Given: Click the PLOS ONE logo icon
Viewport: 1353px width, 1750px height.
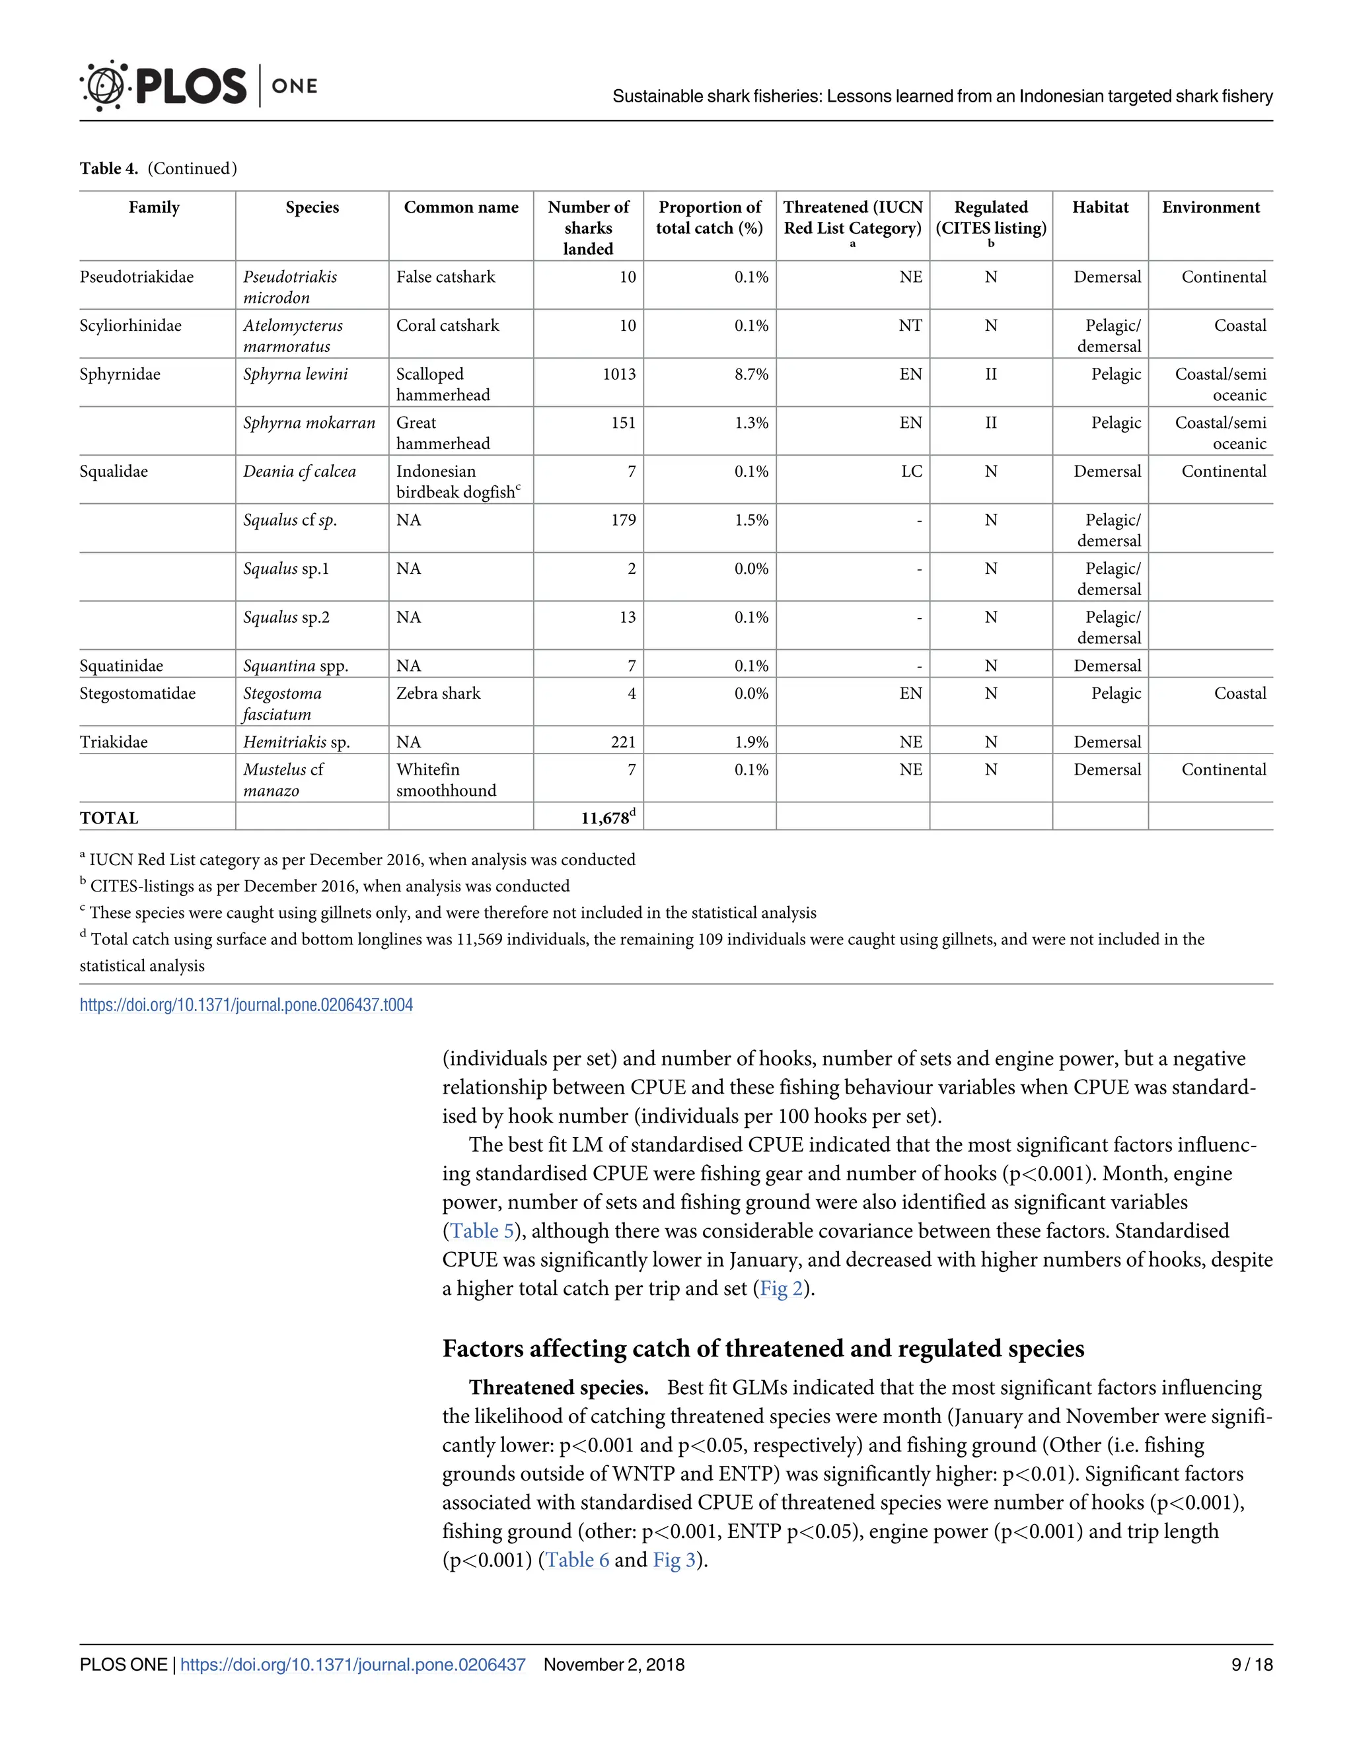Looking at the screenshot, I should coord(104,85).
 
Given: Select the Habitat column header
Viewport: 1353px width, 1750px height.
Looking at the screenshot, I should coord(1100,207).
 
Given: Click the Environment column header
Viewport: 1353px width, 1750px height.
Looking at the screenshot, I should coord(1210,207).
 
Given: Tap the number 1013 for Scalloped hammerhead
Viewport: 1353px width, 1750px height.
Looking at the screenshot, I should coord(619,374).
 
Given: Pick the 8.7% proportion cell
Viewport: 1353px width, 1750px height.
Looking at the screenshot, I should coord(751,374).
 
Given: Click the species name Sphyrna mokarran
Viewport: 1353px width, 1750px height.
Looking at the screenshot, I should coord(309,423).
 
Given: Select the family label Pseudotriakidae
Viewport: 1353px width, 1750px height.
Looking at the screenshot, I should coord(136,277).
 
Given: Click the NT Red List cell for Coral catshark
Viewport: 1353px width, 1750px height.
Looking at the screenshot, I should coord(910,326).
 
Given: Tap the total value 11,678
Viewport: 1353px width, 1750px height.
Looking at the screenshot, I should coord(605,818).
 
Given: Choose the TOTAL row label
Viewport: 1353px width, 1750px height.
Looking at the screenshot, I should coord(109,818).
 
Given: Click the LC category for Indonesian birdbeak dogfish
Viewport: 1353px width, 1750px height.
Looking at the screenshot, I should coord(911,472).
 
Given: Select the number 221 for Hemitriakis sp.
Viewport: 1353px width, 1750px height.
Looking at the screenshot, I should coord(623,742).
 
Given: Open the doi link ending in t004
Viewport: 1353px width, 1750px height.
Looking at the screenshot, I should coord(246,1005).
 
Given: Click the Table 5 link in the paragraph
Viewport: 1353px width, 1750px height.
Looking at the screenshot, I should coord(481,1231).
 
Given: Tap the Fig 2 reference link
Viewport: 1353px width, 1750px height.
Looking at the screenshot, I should coord(780,1288).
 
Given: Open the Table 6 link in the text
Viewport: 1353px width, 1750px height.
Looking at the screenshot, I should coord(577,1560).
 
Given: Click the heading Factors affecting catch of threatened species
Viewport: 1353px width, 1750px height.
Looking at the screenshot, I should coord(762,1348).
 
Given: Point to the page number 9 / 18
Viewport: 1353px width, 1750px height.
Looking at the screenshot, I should coord(1251,1665).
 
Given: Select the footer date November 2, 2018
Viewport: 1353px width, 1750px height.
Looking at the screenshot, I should coord(613,1665).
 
